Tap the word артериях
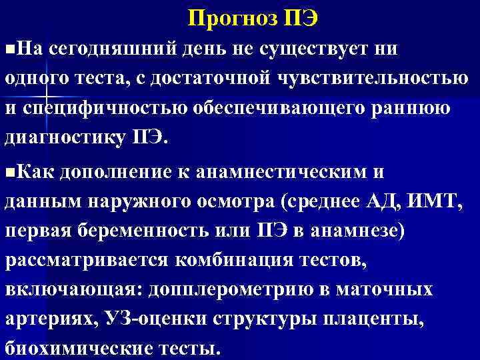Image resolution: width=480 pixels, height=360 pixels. click(x=51, y=319)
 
